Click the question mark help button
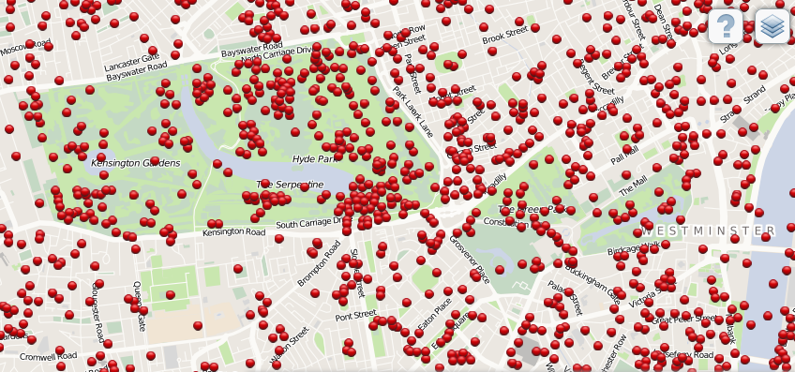(x=725, y=26)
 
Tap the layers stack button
(x=772, y=26)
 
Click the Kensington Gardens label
(x=135, y=163)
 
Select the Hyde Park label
(x=313, y=159)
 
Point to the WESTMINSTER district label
(x=709, y=230)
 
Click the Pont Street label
(x=355, y=316)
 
